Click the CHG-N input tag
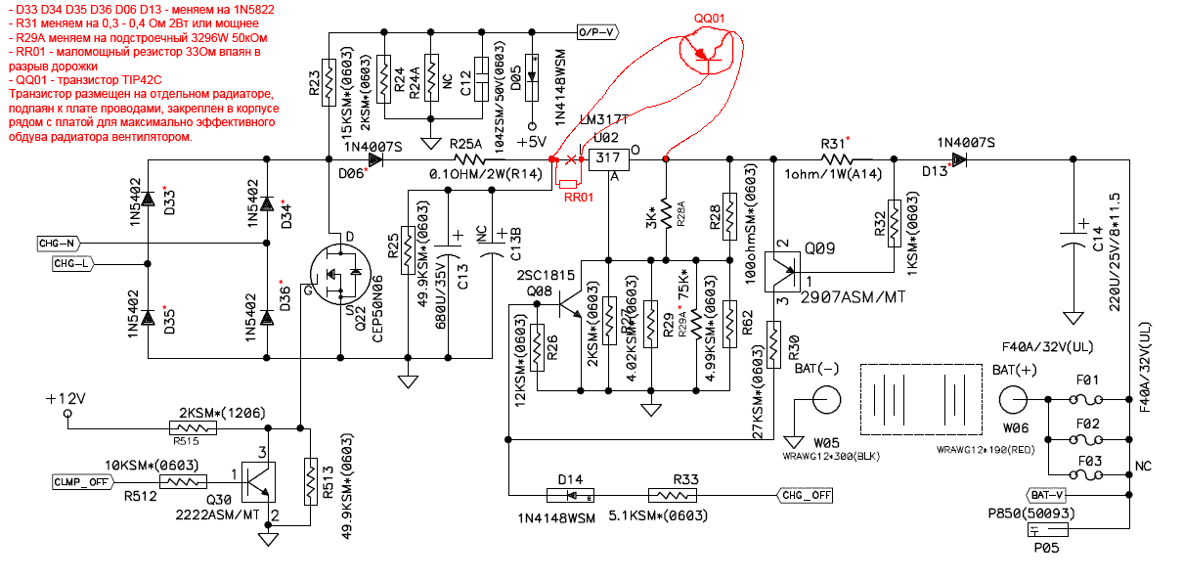(x=59, y=243)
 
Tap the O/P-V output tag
(x=597, y=32)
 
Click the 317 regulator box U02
(x=607, y=157)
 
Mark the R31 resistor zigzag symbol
(x=834, y=157)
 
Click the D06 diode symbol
(x=375, y=157)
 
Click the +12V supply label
(x=66, y=399)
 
